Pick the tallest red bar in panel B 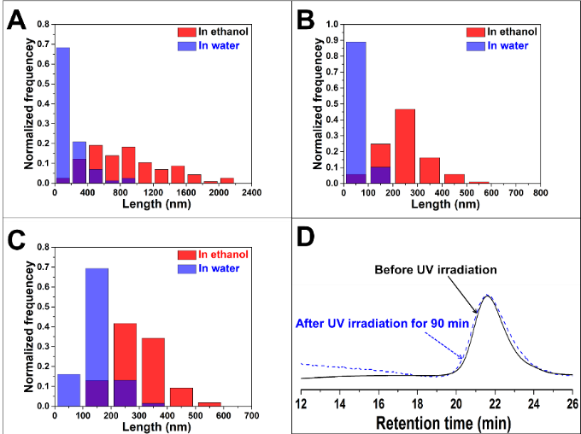tap(404, 145)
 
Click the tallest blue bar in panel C tap(97, 337)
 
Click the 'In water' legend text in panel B tap(510, 45)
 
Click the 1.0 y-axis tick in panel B tap(314, 25)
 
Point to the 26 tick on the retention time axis tap(572, 402)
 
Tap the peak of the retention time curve tap(487, 296)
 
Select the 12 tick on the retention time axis tap(302, 402)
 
